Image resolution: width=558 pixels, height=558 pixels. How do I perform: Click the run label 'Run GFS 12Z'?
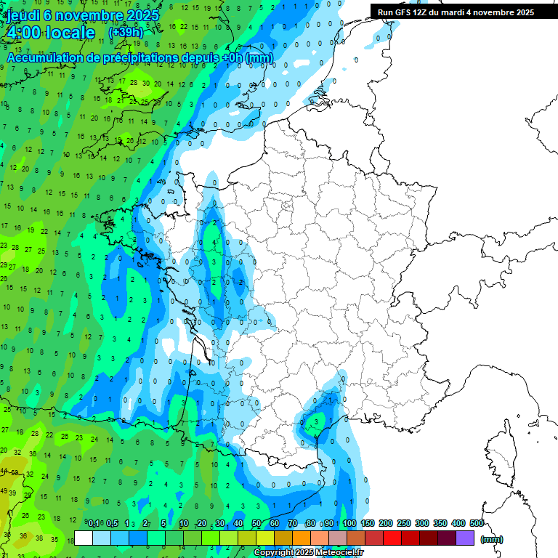[404, 12]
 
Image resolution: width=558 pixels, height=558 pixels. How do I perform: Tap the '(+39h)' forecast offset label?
[126, 33]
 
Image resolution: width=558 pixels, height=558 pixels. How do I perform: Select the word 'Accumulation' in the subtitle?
[45, 57]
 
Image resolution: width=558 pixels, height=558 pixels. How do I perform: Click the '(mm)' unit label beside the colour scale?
[492, 539]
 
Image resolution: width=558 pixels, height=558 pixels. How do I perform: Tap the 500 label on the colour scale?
[477, 524]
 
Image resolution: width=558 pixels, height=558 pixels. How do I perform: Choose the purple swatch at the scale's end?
[465, 538]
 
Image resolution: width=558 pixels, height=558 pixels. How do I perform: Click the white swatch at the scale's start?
[84, 538]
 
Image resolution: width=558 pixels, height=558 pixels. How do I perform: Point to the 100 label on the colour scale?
[349, 524]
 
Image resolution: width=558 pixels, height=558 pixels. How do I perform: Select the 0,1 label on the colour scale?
[93, 524]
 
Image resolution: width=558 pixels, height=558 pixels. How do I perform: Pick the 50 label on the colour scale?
[256, 524]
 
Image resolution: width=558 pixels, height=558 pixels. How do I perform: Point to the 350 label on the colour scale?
[440, 524]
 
